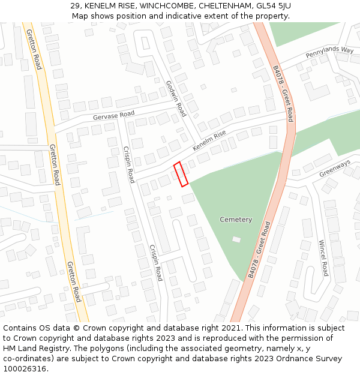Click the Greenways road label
point(335,168)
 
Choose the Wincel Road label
point(323,258)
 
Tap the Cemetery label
point(236,220)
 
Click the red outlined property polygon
point(181,174)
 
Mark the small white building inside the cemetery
point(236,239)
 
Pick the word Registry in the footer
point(60,349)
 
